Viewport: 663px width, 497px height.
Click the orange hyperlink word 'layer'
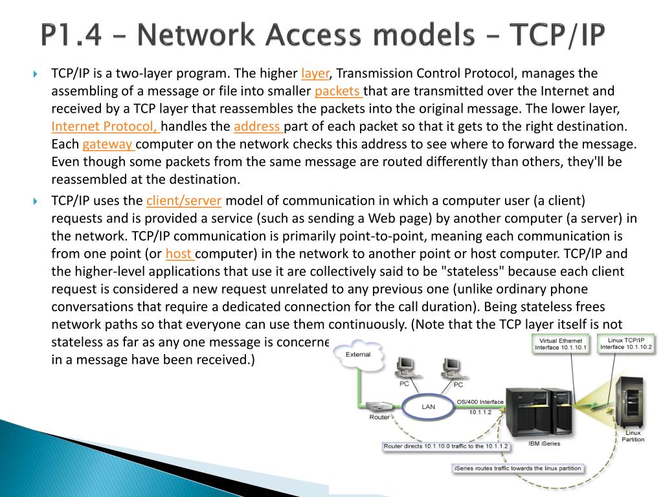pyautogui.click(x=316, y=73)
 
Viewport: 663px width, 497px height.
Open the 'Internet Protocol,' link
pyautogui.click(x=106, y=126)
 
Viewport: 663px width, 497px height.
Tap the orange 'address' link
pyautogui.click(x=258, y=126)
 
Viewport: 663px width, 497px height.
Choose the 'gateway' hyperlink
pyautogui.click(x=107, y=144)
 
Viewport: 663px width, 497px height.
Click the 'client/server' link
pyautogui.click(x=184, y=201)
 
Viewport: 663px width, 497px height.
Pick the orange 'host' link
pyautogui.click(x=179, y=254)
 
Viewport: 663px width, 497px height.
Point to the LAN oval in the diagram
pyautogui.click(x=428, y=407)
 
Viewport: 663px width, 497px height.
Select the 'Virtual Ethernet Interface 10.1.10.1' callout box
pyautogui.click(x=560, y=344)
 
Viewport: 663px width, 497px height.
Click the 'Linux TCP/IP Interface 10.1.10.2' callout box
pyautogui.click(x=625, y=344)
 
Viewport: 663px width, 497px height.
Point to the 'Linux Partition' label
pyautogui.click(x=633, y=436)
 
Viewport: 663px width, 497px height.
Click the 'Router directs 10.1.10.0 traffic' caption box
pyautogui.click(x=446, y=447)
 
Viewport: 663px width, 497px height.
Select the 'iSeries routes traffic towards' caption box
pyautogui.click(x=517, y=468)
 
